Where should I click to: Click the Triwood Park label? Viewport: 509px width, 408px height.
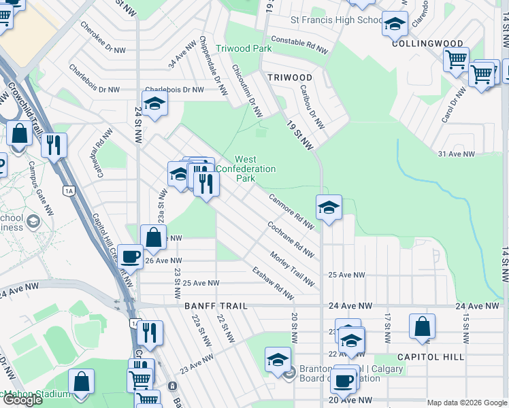click(x=244, y=48)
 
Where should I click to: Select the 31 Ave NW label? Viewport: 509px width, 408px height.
click(x=456, y=154)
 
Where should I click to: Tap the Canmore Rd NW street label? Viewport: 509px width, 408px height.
click(x=291, y=211)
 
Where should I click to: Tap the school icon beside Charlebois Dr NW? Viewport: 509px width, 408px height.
click(x=155, y=103)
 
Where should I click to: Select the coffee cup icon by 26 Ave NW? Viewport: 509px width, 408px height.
click(x=130, y=256)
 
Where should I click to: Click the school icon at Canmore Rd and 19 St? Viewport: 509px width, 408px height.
click(x=329, y=207)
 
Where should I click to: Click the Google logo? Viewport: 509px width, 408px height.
click(x=22, y=400)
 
